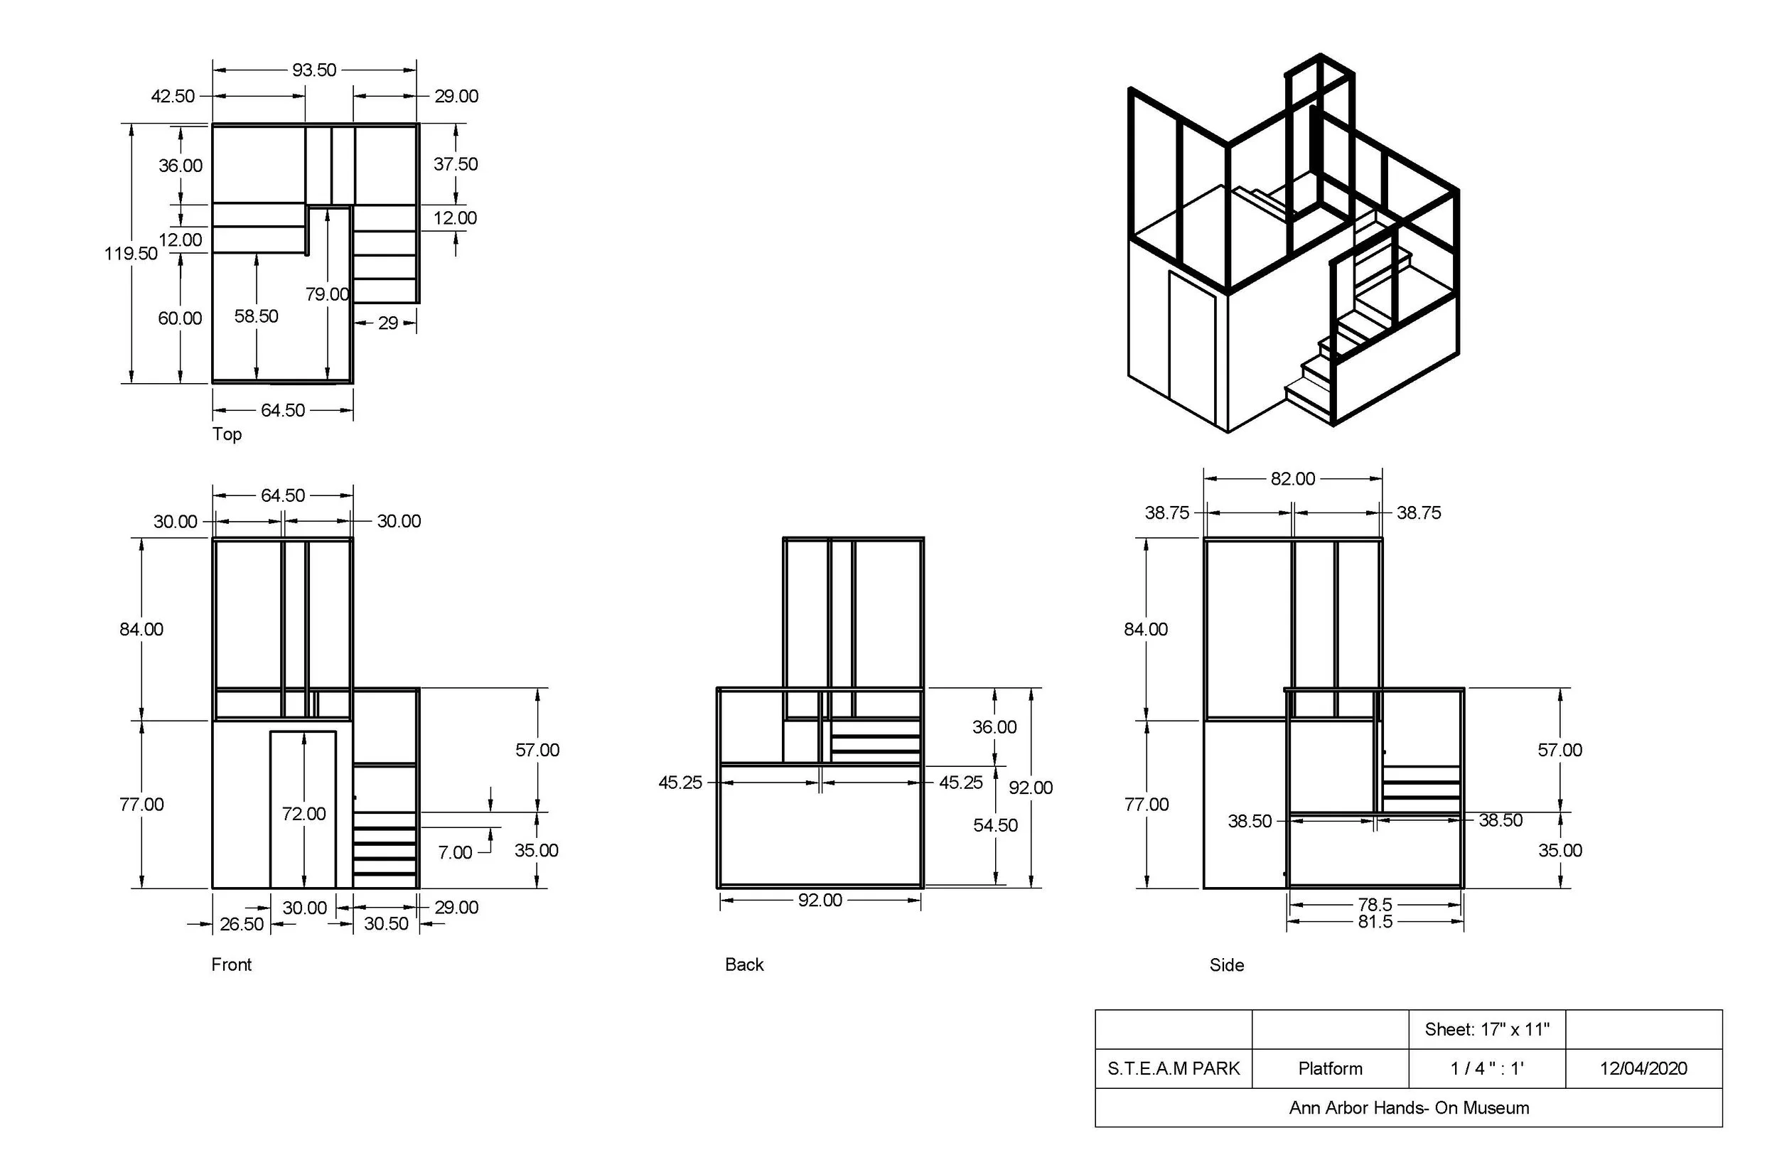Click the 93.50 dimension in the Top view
[x=313, y=70]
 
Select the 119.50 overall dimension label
[x=131, y=253]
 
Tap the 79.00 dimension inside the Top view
[x=327, y=294]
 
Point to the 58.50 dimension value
[x=256, y=316]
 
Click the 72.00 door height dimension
[x=304, y=813]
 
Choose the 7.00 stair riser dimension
[x=455, y=852]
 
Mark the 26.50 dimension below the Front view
[x=241, y=924]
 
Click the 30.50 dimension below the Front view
[x=386, y=924]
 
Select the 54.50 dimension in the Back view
[x=995, y=825]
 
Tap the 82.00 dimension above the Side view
[x=1292, y=478]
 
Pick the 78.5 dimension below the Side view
[x=1375, y=904]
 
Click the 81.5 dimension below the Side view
[x=1375, y=922]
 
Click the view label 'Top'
[x=227, y=434]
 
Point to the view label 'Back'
[x=744, y=964]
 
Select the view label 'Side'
[x=1227, y=964]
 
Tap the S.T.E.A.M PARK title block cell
[x=1174, y=1068]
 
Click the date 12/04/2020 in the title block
[x=1643, y=1068]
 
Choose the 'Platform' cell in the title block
[x=1331, y=1068]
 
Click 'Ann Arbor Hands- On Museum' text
[x=1409, y=1107]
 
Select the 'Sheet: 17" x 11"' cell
[x=1487, y=1030]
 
